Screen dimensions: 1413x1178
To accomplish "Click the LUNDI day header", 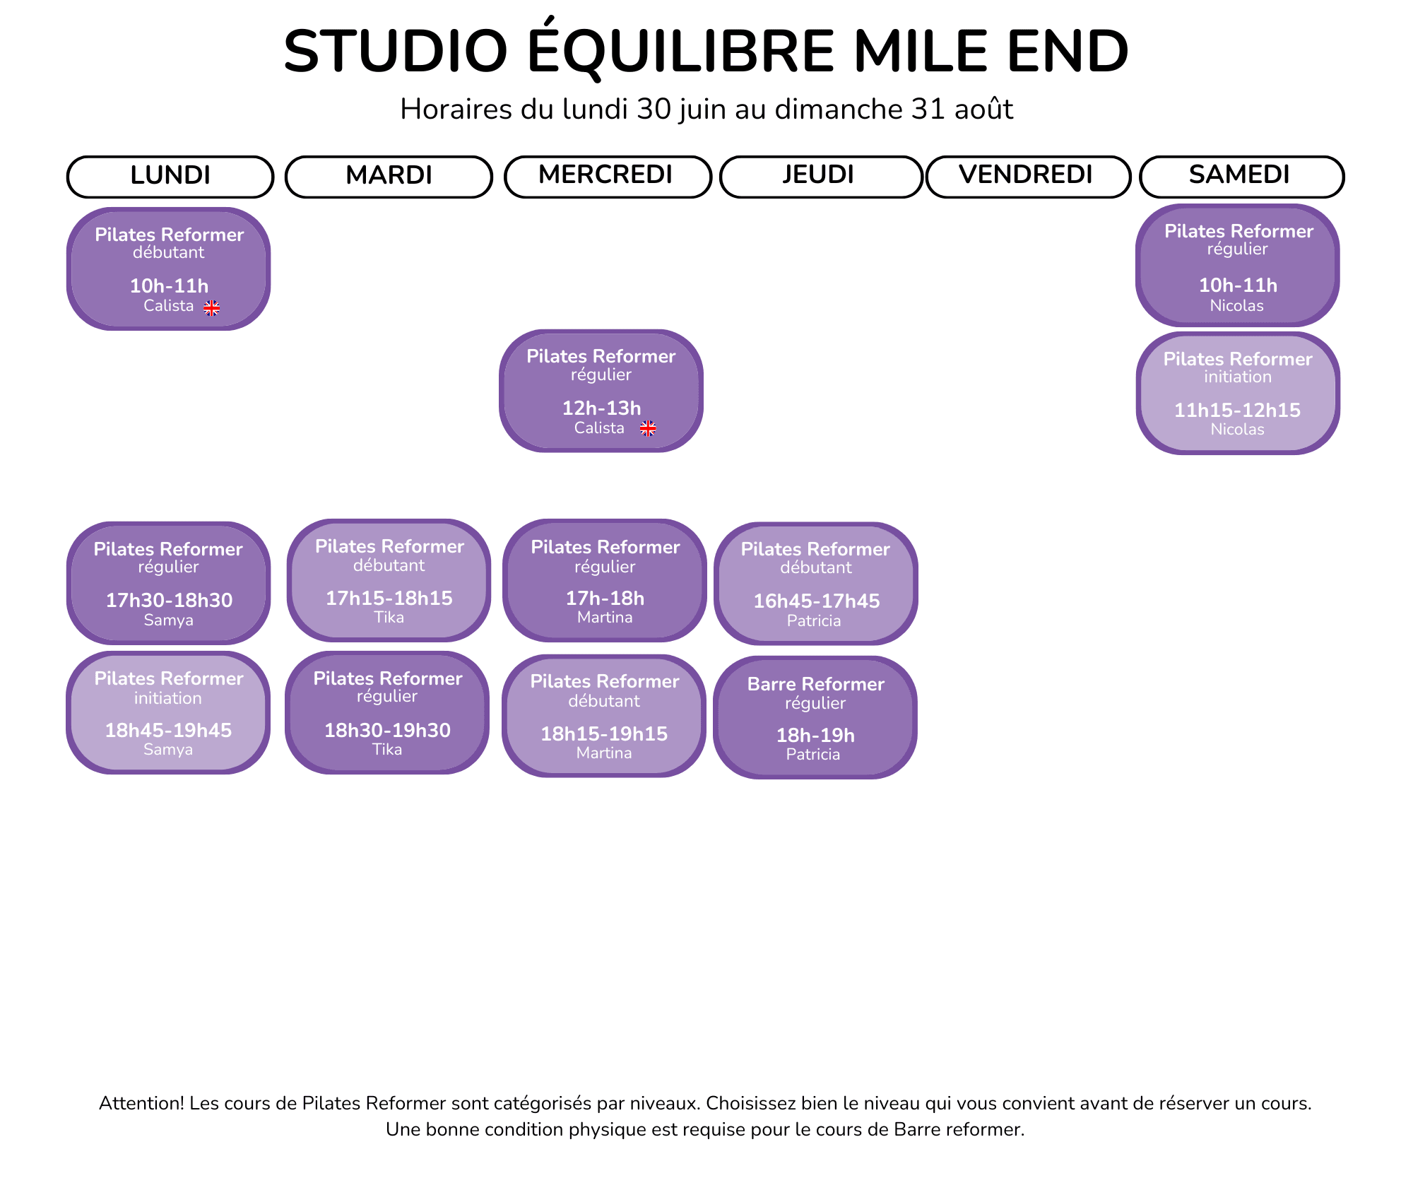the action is pos(170,176).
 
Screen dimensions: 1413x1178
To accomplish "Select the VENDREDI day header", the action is pos(1028,176).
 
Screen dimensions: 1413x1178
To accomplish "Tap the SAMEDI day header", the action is pos(1241,176).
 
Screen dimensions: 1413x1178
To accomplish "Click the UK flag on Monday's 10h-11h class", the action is pos(212,307).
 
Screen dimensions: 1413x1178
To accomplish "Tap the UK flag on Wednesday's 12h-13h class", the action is pos(648,428).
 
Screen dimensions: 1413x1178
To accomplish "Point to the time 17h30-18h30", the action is pos(169,600).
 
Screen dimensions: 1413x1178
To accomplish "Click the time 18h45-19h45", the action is pos(168,730).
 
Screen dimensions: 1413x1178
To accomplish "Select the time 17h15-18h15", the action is pos(389,598).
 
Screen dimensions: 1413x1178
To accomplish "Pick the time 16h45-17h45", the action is pos(817,601).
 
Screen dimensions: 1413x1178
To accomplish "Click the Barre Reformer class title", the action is pos(816,684).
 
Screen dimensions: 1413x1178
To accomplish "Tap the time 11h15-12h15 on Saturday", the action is pos(1238,410).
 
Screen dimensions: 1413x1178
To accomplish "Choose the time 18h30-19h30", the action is pos(387,730).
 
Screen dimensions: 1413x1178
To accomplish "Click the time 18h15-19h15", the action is pos(604,734).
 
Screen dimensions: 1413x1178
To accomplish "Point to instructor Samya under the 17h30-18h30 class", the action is pos(168,620).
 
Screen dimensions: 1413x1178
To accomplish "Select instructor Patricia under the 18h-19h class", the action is pos(813,755).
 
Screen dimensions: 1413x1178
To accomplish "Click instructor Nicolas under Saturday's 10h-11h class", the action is pos(1237,306).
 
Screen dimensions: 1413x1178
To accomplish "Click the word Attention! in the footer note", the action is pos(141,1103).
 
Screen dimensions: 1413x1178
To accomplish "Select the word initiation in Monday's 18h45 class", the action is pos(168,698).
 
